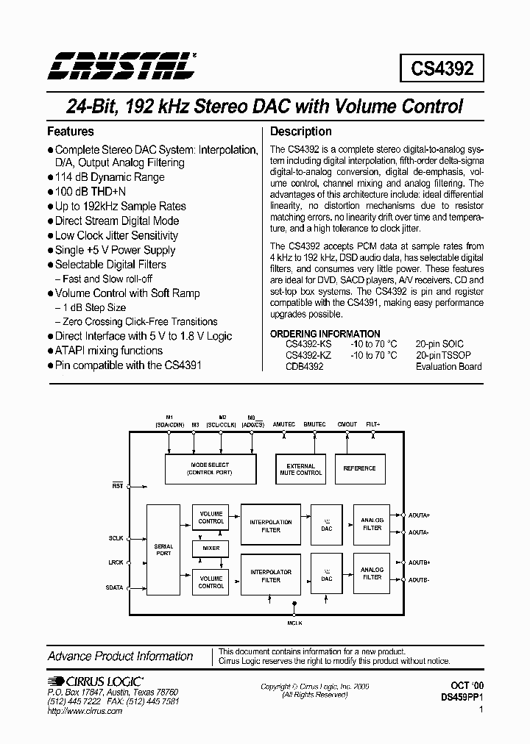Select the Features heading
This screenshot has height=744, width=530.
[x=71, y=132]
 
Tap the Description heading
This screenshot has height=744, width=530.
[x=301, y=132]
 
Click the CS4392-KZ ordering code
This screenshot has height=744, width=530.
[x=309, y=355]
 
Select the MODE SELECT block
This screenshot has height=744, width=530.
[x=210, y=468]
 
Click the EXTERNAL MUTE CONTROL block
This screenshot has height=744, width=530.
[x=300, y=469]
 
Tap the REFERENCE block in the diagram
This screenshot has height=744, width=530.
[x=359, y=468]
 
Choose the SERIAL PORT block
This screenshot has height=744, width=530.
[x=163, y=549]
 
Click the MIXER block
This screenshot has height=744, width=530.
[x=211, y=548]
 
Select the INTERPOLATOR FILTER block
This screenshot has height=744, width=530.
[x=271, y=576]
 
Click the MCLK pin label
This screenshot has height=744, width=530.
[x=294, y=623]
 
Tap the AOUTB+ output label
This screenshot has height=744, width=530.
[x=419, y=562]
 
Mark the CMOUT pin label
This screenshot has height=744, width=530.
[x=347, y=424]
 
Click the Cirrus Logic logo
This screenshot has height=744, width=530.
[x=96, y=682]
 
